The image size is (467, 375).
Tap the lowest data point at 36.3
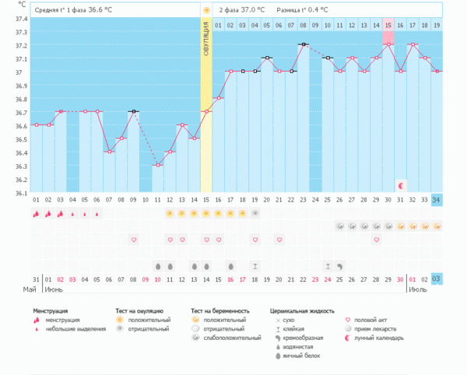click(x=158, y=165)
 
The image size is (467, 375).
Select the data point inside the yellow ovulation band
click(x=206, y=111)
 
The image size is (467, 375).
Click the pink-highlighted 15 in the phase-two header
click(x=388, y=26)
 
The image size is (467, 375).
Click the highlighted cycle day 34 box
click(x=436, y=199)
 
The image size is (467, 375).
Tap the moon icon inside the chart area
click(x=401, y=186)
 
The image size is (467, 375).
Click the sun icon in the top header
click(x=206, y=10)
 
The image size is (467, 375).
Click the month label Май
click(x=30, y=289)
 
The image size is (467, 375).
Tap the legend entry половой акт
click(x=371, y=319)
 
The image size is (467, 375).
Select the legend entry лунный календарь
click(x=379, y=337)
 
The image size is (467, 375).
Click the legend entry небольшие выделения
click(x=75, y=328)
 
